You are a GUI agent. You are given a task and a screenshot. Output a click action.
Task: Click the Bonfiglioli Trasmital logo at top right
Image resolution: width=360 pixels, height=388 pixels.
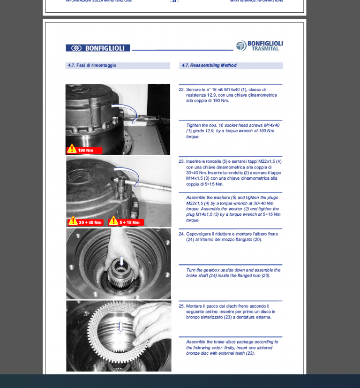click(259, 46)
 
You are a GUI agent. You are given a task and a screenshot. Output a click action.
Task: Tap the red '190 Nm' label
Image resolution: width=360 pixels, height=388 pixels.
click(86, 151)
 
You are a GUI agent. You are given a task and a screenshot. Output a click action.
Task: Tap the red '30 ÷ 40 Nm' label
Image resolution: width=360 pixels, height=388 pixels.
click(90, 222)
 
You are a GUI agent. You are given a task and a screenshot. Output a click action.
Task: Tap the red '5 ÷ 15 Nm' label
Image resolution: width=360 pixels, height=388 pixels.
click(130, 222)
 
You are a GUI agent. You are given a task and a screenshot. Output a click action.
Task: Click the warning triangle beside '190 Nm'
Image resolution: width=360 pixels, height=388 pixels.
click(72, 149)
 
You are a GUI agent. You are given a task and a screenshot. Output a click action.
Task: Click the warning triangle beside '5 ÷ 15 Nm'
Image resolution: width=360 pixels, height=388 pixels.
click(113, 221)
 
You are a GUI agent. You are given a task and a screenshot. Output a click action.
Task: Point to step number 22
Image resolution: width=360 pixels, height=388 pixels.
click(181, 89)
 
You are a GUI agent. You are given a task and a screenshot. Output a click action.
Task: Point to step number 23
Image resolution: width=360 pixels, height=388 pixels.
click(181, 161)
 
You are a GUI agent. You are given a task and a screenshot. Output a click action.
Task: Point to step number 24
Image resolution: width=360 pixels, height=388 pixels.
click(181, 234)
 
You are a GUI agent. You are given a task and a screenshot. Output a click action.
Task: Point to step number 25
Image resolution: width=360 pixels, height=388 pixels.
click(181, 306)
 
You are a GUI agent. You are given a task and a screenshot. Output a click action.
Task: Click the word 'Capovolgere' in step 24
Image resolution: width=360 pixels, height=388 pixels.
click(198, 234)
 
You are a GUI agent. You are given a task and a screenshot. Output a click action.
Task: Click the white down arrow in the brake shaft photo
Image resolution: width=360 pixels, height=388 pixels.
click(121, 261)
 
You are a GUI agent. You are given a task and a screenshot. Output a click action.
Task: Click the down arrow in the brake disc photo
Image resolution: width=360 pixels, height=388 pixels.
click(120, 327)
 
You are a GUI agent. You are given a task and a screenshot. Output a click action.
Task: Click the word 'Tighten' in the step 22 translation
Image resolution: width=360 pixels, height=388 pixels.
click(194, 125)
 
